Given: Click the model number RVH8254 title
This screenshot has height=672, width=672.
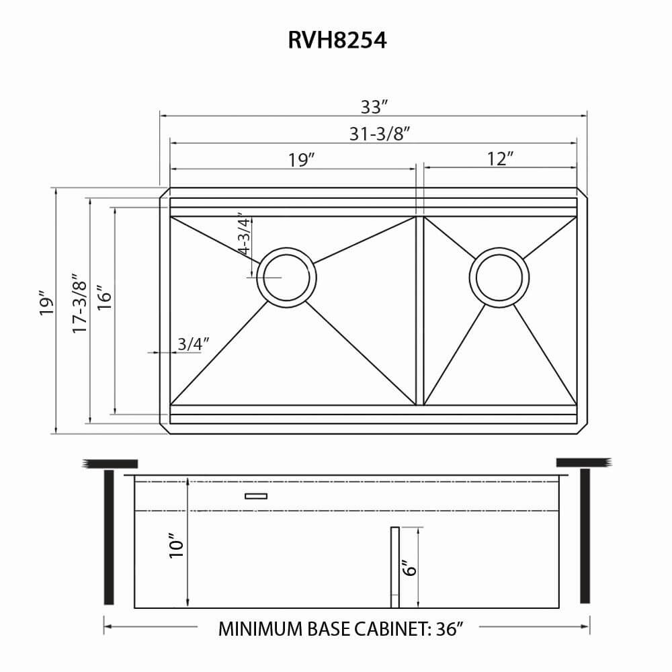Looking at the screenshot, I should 337,41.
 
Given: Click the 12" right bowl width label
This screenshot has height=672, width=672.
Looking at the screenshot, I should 501,159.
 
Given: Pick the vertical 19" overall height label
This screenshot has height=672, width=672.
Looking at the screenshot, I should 46,304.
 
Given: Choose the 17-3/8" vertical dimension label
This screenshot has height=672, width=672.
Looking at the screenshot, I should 80,304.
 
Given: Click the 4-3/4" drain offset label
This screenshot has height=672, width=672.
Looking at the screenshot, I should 244,235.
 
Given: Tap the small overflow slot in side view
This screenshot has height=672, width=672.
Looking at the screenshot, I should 256,496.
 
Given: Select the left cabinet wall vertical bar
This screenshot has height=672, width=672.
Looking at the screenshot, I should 109,537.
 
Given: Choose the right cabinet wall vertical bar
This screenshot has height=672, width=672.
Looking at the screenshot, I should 585,537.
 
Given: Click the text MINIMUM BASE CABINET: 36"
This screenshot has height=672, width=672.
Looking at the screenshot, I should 342,629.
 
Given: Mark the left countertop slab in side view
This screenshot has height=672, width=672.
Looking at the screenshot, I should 110,463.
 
